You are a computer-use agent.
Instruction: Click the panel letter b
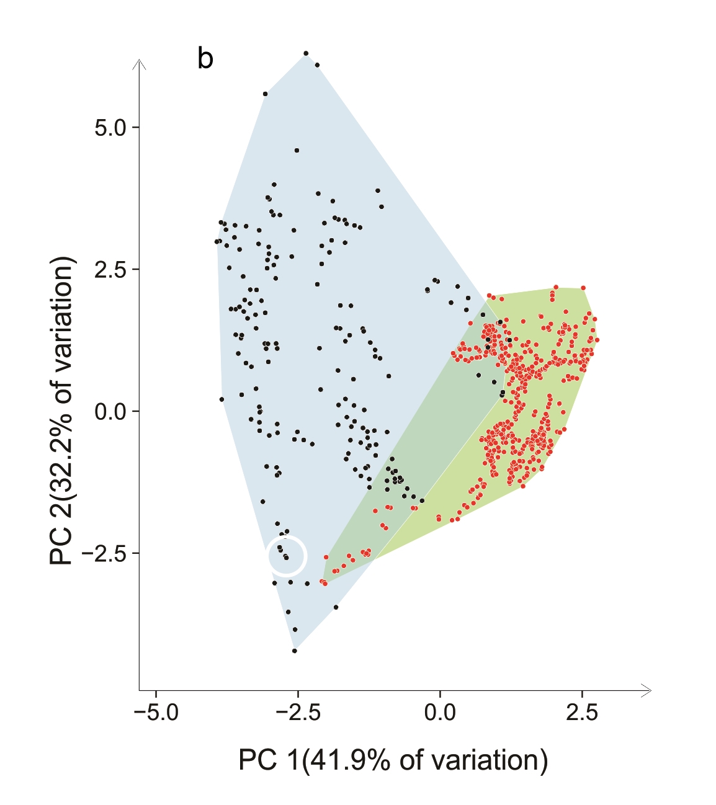[205, 60]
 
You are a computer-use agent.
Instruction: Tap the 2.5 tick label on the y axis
[110, 269]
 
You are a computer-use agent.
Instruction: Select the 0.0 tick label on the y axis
[110, 411]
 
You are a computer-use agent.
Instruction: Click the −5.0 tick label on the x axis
[156, 713]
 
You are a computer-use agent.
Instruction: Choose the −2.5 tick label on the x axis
[298, 713]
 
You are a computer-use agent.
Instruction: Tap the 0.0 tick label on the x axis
[440, 713]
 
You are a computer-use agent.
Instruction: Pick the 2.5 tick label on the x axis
[582, 713]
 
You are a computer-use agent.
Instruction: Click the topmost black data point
[306, 53]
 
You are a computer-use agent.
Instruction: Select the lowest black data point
[295, 651]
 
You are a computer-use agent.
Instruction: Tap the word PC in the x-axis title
[257, 760]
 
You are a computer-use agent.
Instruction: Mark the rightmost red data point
[597, 340]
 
